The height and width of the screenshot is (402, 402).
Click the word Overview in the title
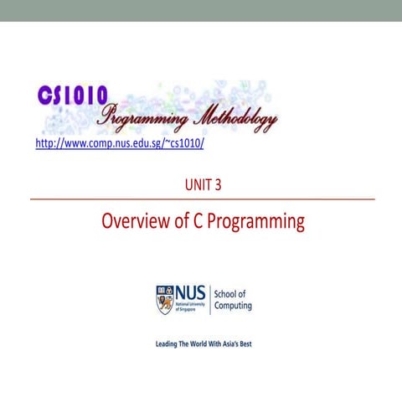pos(133,222)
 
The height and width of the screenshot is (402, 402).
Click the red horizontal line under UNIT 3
pos(201,200)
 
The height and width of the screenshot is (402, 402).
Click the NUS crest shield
pos(163,298)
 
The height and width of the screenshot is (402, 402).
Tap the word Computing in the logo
pos(234,306)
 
